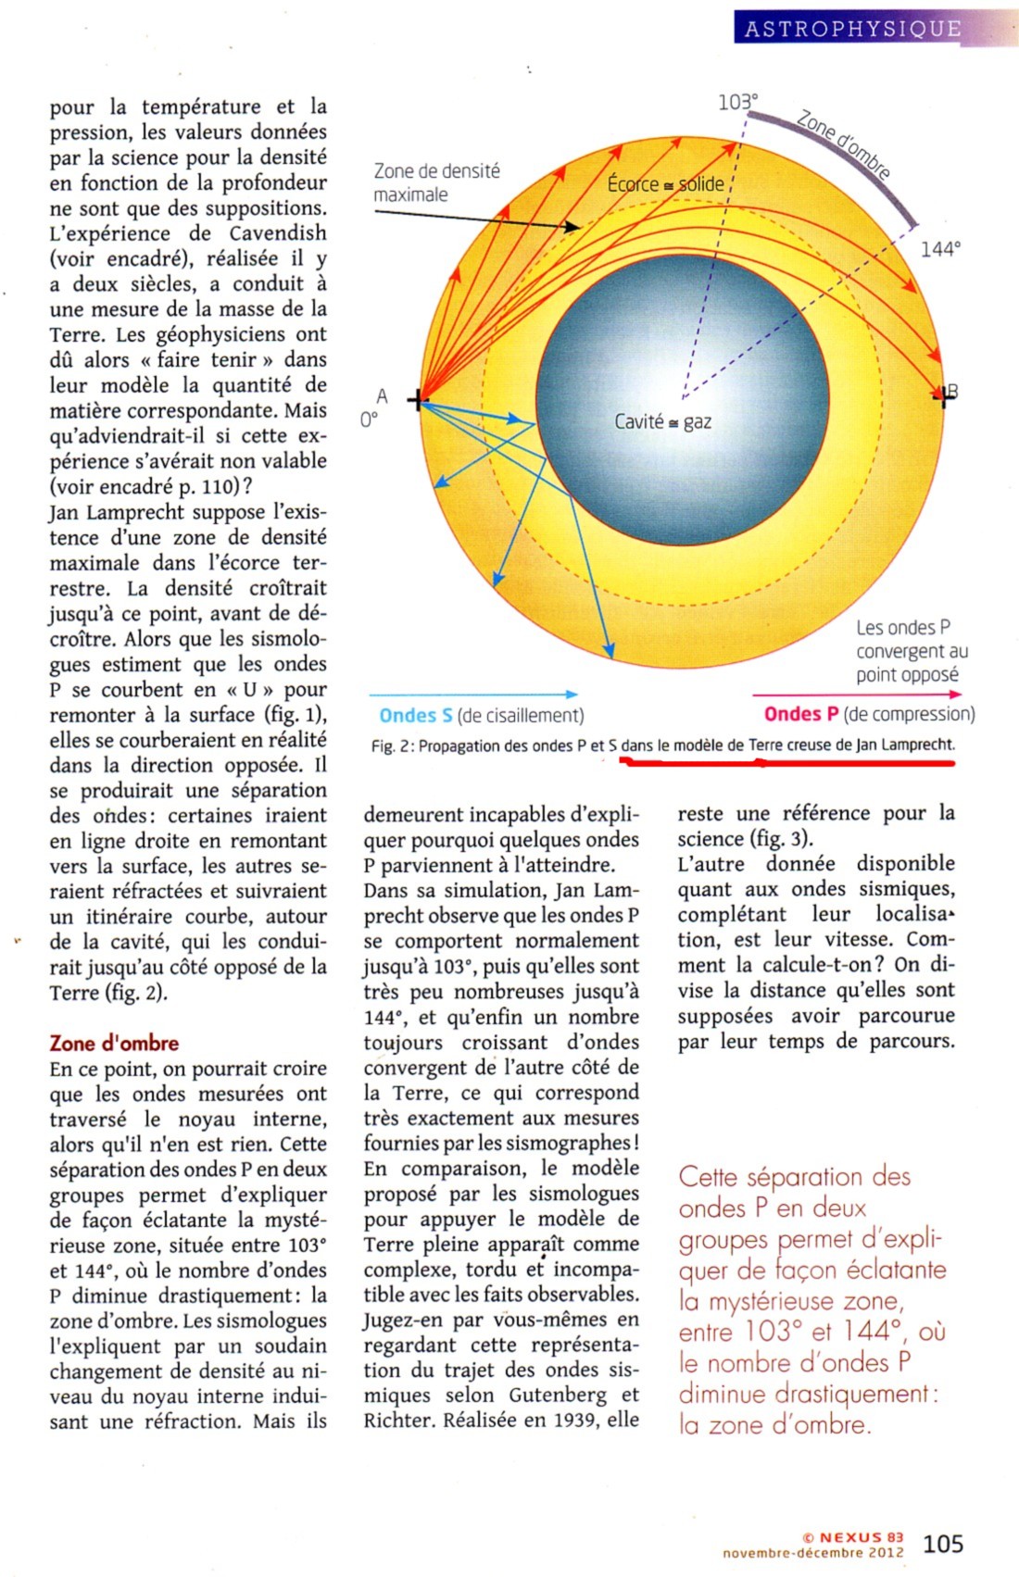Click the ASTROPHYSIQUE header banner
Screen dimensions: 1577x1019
(852, 28)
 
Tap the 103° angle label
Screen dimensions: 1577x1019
(737, 101)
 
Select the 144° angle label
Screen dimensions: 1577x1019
(940, 249)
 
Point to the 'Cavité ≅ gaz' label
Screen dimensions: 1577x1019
(663, 422)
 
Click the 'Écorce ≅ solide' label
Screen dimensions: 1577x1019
(665, 184)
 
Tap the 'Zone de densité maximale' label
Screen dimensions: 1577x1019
(436, 182)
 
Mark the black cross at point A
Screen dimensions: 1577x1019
(419, 400)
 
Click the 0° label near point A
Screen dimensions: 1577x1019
(369, 420)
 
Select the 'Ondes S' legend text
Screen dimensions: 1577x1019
(416, 715)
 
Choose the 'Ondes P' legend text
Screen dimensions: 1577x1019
(801, 714)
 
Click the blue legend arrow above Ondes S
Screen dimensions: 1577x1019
(473, 694)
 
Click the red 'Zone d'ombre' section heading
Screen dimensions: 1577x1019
(114, 1043)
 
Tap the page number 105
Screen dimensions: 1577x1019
(943, 1544)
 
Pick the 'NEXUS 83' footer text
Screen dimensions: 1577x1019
(861, 1537)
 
